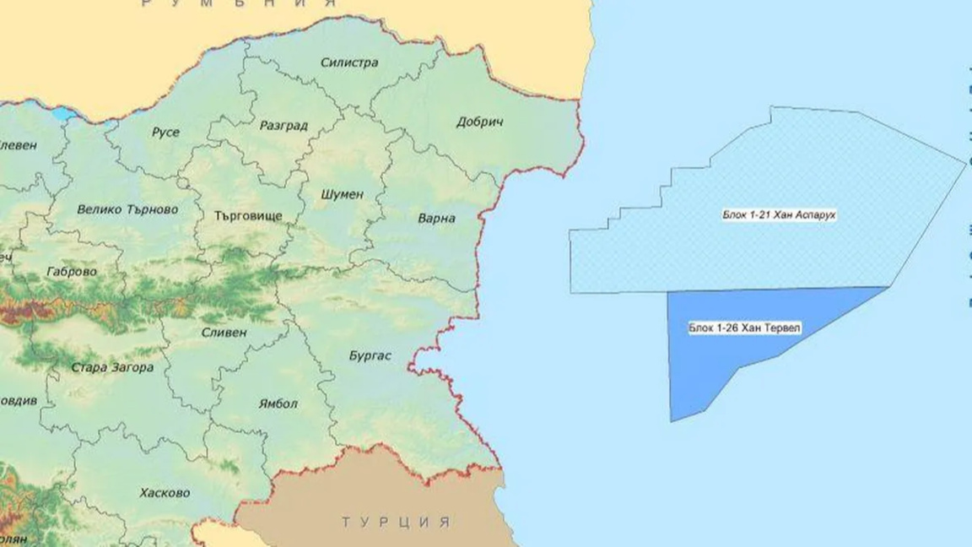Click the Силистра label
[349, 62]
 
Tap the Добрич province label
[479, 122]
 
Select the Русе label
[165, 133]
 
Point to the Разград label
[283, 126]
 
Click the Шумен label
[343, 194]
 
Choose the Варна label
[436, 219]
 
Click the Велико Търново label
[127, 209]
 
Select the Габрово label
[73, 272]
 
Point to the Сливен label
[224, 332]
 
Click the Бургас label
[370, 355]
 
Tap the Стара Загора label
[112, 368]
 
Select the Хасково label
[165, 492]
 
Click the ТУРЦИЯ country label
[396, 523]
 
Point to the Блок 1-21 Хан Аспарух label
[779, 215]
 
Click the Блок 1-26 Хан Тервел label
[732, 328]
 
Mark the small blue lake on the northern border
[63, 113]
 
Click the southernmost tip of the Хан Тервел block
[672, 420]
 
